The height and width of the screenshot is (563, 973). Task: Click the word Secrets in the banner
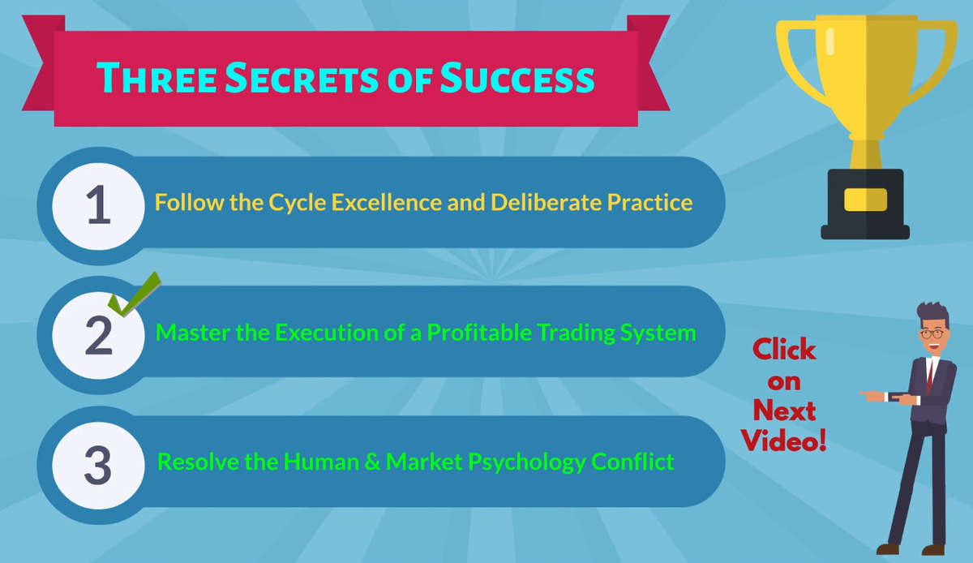pos(302,77)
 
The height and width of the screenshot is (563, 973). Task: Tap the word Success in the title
pos(517,77)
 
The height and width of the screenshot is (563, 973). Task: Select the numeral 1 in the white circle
pos(99,204)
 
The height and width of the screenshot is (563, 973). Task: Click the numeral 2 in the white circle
pos(99,335)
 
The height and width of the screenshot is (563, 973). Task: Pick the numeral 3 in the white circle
pos(98,465)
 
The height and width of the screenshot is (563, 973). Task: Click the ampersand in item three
pos(372,462)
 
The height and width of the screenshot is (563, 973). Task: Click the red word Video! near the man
pos(784,440)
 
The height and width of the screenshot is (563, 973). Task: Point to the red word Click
pos(784,349)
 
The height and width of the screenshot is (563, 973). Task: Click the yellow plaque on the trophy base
pos(865,200)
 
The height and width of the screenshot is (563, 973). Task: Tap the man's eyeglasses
pos(932,334)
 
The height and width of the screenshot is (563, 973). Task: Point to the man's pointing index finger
pos(868,393)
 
